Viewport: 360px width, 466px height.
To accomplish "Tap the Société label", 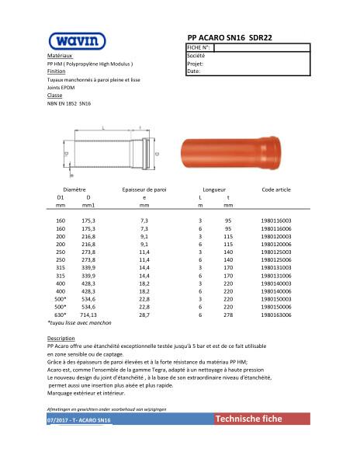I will pos(196,56).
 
